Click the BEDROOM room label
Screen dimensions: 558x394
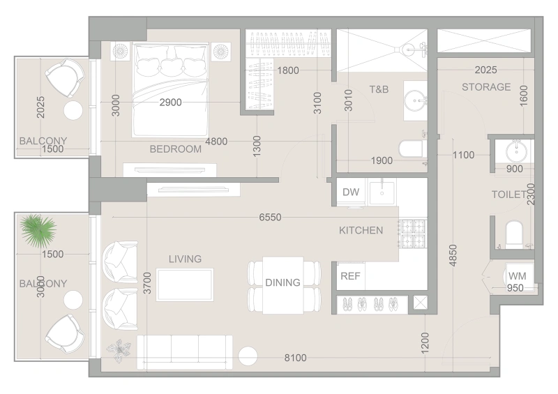click(x=176, y=149)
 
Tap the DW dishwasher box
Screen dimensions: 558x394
click(x=351, y=192)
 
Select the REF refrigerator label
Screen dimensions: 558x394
click(x=350, y=276)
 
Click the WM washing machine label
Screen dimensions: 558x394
click(x=517, y=276)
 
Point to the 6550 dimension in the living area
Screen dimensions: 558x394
click(x=270, y=217)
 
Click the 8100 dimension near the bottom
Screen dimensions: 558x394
click(x=295, y=358)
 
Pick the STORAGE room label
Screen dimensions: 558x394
click(x=486, y=87)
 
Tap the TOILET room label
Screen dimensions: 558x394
click(x=509, y=195)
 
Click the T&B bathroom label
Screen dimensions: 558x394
click(x=379, y=89)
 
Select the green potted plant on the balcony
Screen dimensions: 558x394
click(x=38, y=231)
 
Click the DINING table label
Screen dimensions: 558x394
click(x=283, y=282)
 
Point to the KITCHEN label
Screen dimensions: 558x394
click(x=361, y=230)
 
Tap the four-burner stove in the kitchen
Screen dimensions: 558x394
click(x=413, y=233)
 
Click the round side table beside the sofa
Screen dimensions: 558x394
click(x=248, y=356)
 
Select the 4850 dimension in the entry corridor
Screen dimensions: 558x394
click(x=453, y=255)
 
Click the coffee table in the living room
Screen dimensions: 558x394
click(x=185, y=285)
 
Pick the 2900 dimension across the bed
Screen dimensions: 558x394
click(x=170, y=103)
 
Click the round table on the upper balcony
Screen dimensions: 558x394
click(x=73, y=110)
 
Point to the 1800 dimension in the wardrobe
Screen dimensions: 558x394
click(x=288, y=70)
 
